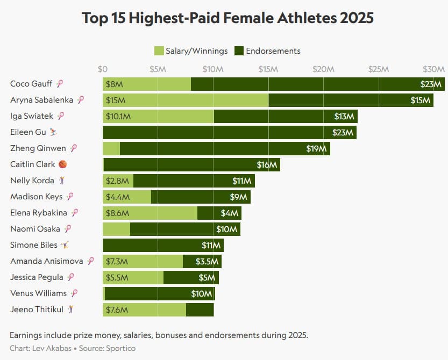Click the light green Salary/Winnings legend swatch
pos(159,51)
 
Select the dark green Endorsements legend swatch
pos(239,51)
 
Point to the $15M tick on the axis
pos(268,69)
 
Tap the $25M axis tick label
pos(379,69)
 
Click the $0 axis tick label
pos(103,69)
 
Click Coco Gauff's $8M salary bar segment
pos(147,84)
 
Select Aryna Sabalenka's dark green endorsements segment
pos(351,100)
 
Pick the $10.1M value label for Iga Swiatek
pos(118,117)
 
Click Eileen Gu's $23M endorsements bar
pos(230,133)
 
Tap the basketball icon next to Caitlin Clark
pos(62,164)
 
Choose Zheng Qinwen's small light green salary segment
pos(111,148)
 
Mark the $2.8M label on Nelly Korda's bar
pos(117,181)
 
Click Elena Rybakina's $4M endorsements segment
pos(219,213)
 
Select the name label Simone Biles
pos(34,245)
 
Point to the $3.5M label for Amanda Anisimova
pos(207,262)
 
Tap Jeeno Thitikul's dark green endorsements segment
pos(200,309)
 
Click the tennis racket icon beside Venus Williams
pos(74,293)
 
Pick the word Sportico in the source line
pos(120,348)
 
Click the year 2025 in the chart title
pos(357,18)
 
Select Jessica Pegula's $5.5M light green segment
pos(133,277)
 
